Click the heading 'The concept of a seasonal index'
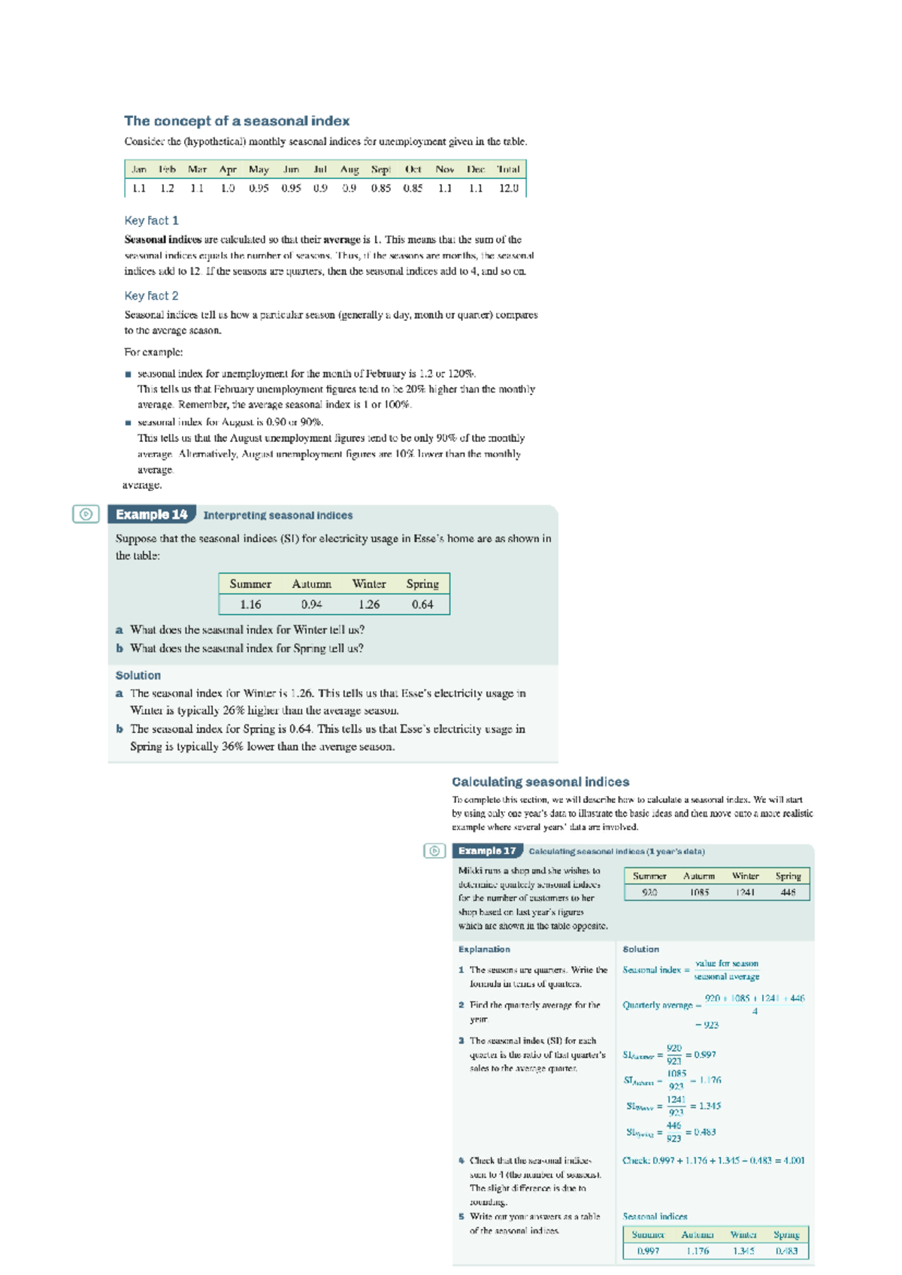click(x=236, y=121)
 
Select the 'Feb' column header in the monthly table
click(x=167, y=169)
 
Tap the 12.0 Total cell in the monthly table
click(x=509, y=188)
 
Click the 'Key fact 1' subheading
click(x=151, y=220)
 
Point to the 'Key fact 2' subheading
click(x=151, y=295)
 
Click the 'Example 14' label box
click(x=151, y=514)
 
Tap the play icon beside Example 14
click(x=86, y=514)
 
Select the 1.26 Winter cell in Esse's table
click(x=369, y=604)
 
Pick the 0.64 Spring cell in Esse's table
click(x=422, y=604)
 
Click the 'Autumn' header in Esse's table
click(x=311, y=584)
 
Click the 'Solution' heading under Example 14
click(x=138, y=675)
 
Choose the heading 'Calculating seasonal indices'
click(x=540, y=782)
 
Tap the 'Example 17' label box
click(x=487, y=851)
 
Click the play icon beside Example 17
click(x=434, y=851)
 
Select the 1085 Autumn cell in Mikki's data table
click(x=699, y=892)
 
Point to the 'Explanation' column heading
click(x=484, y=949)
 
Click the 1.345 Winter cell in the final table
click(x=743, y=1251)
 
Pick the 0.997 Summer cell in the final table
click(x=648, y=1251)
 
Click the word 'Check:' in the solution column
click(x=636, y=1160)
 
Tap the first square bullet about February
click(x=128, y=374)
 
